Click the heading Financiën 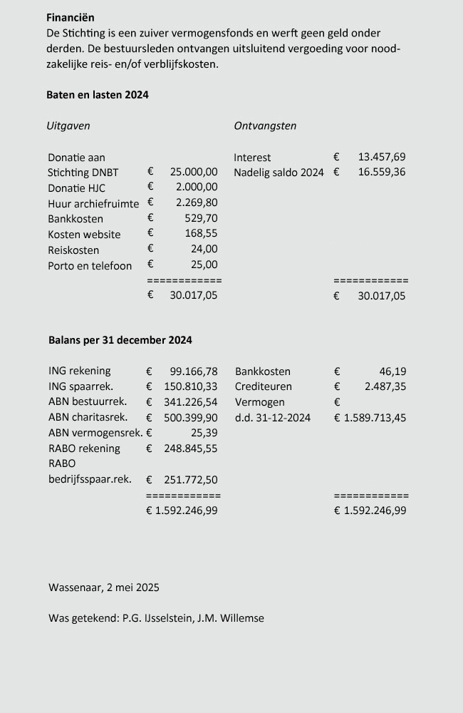point(70,17)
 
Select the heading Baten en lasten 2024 point(97,95)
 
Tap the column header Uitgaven point(68,126)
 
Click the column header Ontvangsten point(265,126)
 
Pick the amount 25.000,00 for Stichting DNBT point(194,172)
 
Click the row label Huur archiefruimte point(93,203)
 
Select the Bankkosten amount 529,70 point(201,219)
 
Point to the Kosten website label point(84,235)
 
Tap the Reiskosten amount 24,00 point(204,250)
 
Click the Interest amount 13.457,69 point(381,157)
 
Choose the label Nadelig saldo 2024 point(279,173)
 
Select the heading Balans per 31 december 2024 point(120,341)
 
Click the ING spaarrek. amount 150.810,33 point(190,386)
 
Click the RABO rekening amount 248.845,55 point(190,448)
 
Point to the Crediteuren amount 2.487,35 point(385,386)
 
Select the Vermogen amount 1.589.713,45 point(375,418)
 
